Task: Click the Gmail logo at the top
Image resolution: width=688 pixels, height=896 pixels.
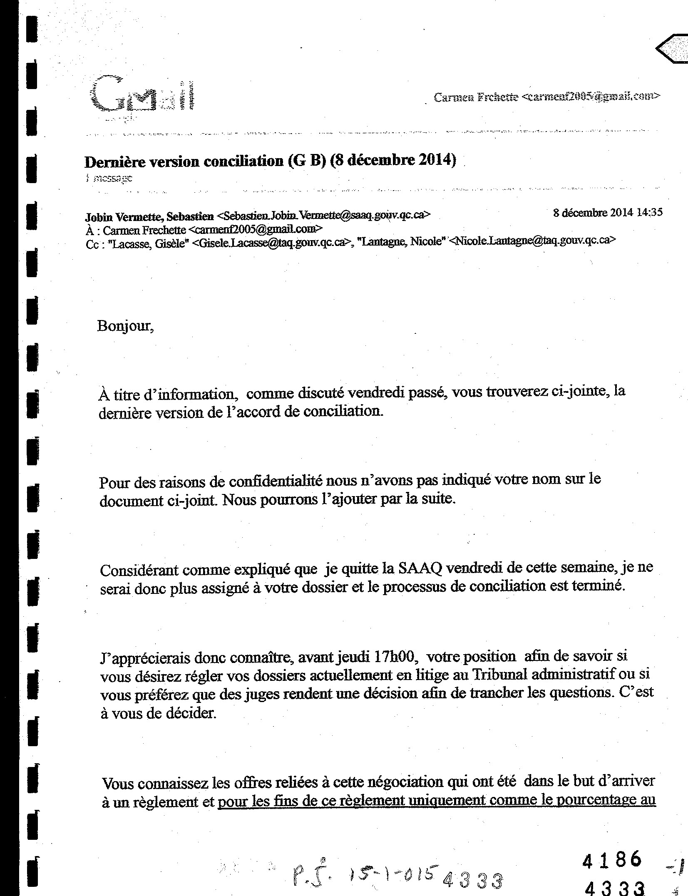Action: coord(143,94)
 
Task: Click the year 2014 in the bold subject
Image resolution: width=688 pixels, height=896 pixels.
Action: coord(435,160)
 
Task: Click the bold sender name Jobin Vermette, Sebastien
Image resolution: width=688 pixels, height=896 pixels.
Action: coord(149,216)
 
